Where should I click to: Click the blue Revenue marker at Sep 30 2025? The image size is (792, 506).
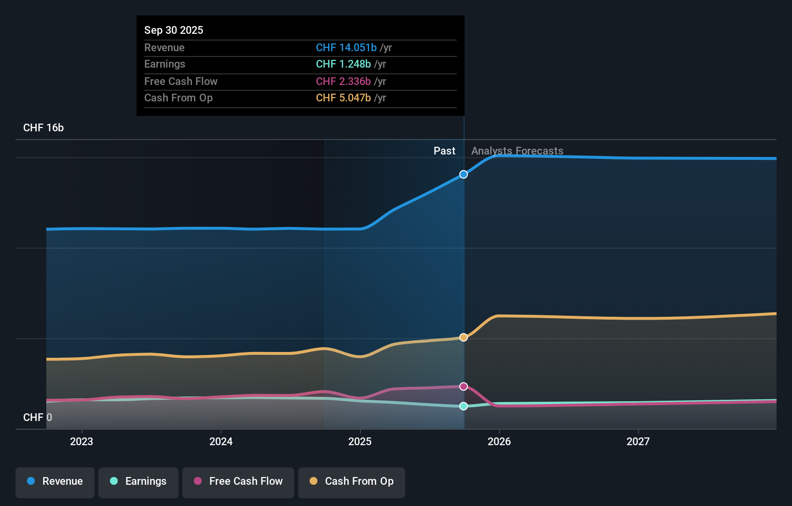(x=464, y=174)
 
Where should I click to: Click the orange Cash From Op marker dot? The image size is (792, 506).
(x=464, y=337)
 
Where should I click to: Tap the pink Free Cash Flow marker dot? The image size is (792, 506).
(x=464, y=386)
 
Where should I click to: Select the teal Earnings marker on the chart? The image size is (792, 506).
(x=464, y=406)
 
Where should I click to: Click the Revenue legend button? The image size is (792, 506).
(x=55, y=481)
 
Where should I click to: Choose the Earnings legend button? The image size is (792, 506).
(x=138, y=481)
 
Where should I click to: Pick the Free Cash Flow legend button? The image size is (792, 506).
(x=238, y=481)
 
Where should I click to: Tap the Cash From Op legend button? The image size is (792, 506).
(x=352, y=481)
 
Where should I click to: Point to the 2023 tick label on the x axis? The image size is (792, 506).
(x=82, y=441)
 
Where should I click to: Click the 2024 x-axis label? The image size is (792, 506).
(x=221, y=441)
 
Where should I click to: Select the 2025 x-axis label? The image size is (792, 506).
(x=360, y=441)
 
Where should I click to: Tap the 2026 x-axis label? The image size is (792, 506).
(x=499, y=441)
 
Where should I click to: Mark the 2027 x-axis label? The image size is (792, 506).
(x=638, y=441)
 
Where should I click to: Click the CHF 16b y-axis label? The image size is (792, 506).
(x=43, y=128)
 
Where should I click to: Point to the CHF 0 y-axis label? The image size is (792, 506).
(x=38, y=417)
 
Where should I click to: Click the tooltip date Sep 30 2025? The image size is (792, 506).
(x=174, y=30)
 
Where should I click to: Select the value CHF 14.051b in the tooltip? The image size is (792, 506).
(x=346, y=47)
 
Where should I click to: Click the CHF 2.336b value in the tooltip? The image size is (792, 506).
(x=343, y=81)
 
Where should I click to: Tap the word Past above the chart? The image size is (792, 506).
(x=444, y=151)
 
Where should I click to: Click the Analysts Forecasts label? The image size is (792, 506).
(x=517, y=151)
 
